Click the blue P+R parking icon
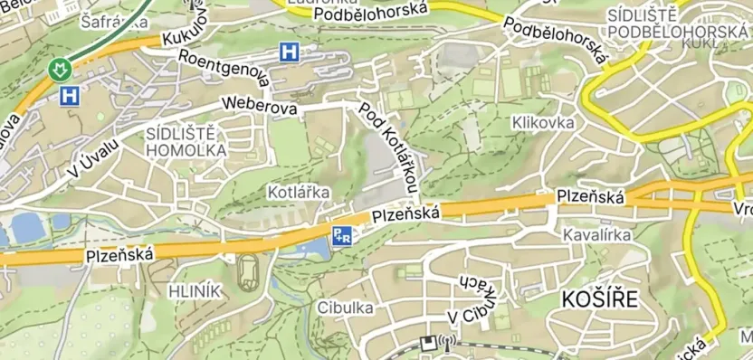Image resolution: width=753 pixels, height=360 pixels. point(342,235)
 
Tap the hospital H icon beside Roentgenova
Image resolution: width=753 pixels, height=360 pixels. point(289,52)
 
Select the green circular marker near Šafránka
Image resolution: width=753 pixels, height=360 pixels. point(61,69)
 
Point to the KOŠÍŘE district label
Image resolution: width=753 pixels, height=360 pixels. point(599,299)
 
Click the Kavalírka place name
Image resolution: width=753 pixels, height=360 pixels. point(596,235)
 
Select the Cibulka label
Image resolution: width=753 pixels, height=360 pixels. point(345,308)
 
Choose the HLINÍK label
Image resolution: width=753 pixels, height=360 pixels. point(195,290)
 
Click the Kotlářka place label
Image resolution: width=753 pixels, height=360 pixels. point(299,193)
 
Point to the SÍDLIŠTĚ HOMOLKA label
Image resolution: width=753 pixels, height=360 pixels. point(186,142)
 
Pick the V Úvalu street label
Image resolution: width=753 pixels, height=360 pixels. point(93,160)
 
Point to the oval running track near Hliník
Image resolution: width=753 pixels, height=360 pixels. point(247,272)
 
